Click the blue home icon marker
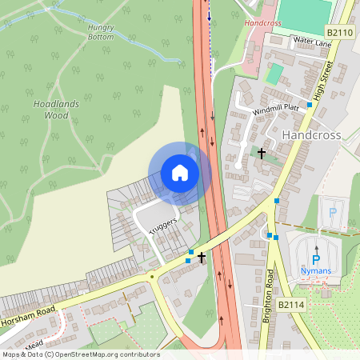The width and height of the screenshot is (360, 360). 180,173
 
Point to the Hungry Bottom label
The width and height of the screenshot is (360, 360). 101,32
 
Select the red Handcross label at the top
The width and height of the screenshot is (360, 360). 264,24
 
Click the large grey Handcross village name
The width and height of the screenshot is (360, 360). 311,135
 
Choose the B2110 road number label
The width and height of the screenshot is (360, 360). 341,32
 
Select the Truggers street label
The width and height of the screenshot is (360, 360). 162,223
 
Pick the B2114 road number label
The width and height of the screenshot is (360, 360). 293,305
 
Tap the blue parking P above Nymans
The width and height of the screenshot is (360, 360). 315,258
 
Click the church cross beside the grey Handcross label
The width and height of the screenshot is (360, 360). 262,151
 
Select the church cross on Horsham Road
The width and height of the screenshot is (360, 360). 202,258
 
